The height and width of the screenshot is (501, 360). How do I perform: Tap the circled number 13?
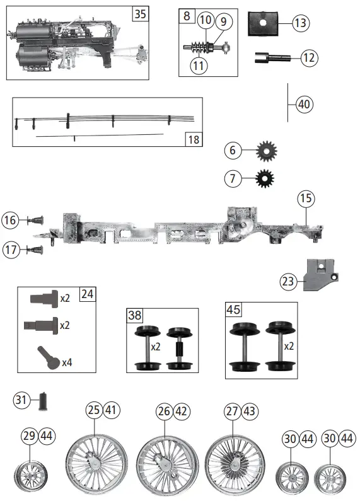301,23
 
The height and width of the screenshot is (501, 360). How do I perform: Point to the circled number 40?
304,104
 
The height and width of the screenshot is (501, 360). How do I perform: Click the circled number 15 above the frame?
306,199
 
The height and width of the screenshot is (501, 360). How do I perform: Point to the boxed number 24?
86,293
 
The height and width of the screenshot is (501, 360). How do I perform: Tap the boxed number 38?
135,314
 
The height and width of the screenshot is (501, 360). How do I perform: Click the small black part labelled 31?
45,400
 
